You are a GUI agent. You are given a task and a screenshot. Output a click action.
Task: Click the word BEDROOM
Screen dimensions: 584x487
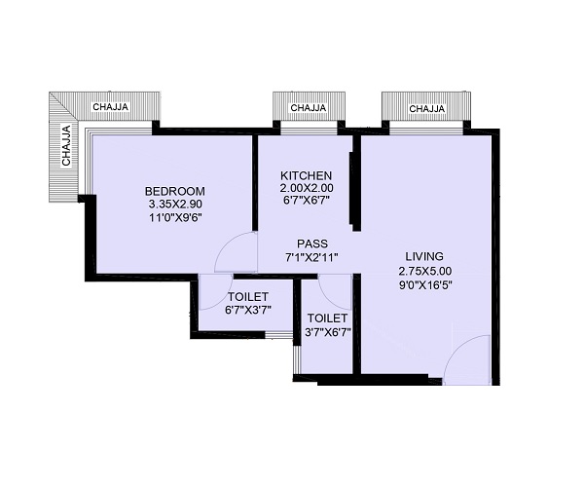tap(174, 192)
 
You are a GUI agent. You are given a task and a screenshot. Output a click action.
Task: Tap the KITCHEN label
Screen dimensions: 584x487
tap(306, 175)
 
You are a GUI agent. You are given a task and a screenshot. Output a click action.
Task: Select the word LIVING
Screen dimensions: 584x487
tap(424, 256)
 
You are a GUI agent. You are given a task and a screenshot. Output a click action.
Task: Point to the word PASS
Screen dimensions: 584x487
tap(312, 243)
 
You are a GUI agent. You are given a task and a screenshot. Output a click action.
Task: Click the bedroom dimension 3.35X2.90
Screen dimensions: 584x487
tap(175, 205)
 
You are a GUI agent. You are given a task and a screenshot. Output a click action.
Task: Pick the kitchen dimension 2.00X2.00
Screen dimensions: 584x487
tap(307, 187)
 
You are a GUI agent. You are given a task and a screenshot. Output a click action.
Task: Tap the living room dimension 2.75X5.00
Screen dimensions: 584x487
tap(425, 271)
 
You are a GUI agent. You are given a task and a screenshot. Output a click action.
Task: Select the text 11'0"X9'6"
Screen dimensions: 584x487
tap(175, 217)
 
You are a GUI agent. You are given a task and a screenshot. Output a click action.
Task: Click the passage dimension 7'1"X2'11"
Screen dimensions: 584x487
tap(311, 257)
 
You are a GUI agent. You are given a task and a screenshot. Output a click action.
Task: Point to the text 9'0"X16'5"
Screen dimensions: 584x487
tap(425, 285)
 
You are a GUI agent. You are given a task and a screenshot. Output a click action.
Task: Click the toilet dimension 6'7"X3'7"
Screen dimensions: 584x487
tap(248, 310)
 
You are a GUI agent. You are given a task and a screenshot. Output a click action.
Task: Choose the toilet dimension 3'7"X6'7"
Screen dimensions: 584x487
tap(328, 332)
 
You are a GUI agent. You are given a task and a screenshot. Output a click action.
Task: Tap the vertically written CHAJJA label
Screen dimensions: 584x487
tap(66, 145)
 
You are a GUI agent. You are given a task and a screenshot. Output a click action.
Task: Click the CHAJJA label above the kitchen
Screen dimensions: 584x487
tap(309, 108)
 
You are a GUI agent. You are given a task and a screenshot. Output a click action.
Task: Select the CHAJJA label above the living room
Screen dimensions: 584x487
tap(427, 108)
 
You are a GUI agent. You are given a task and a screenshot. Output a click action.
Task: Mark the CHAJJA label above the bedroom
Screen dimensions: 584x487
tap(111, 106)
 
